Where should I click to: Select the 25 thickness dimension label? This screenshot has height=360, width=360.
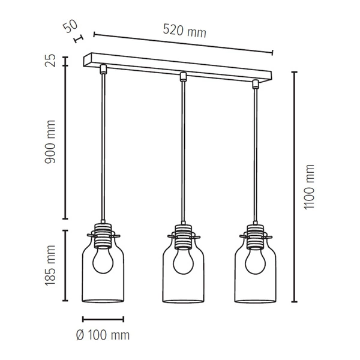(x=51, y=60)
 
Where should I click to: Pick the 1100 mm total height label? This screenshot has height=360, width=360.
(x=310, y=187)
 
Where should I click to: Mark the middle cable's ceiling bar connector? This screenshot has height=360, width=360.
(x=182, y=76)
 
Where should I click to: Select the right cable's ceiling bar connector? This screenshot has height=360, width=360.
(x=255, y=83)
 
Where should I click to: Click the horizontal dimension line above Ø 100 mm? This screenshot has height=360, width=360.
(x=103, y=319)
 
